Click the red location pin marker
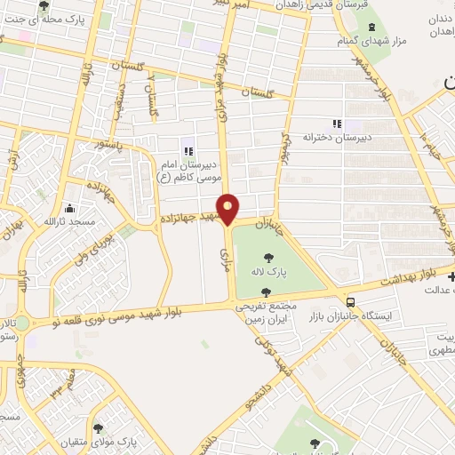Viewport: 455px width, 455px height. pyautogui.click(x=228, y=209)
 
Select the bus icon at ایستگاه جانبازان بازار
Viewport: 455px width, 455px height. pyautogui.click(x=351, y=302)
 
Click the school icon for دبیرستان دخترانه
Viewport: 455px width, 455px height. pyautogui.click(x=336, y=124)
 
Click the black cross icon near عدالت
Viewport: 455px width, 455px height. pyautogui.click(x=451, y=277)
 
